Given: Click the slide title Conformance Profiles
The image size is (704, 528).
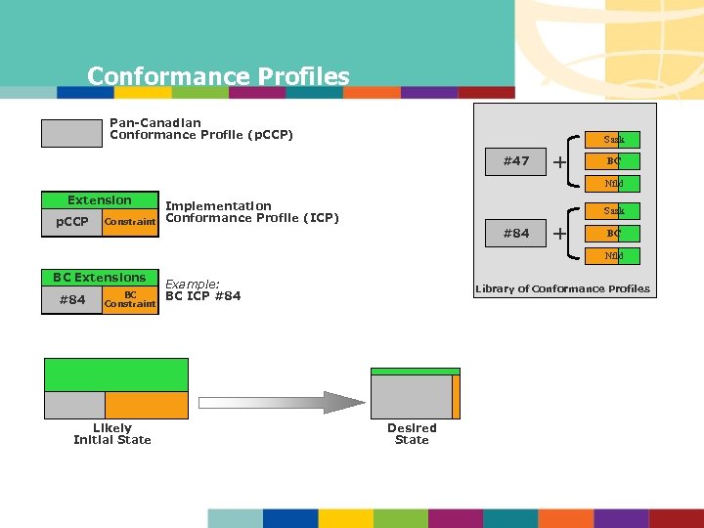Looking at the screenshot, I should coord(217,76).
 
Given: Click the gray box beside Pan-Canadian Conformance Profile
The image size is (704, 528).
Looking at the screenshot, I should coord(71,133).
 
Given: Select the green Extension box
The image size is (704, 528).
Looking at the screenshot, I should coord(99,200).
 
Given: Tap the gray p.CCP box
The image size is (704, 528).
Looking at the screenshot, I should coord(71,222).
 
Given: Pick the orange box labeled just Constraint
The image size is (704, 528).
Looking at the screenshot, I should coord(130,222).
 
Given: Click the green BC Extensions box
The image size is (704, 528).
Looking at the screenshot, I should coord(99,278).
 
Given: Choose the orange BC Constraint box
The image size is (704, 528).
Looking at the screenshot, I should coord(130,299).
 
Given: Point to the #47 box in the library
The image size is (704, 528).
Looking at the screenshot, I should coord(515,161).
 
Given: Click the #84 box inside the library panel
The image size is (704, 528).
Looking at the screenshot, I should coord(515,233).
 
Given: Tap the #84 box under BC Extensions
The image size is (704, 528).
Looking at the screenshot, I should coord(71,299).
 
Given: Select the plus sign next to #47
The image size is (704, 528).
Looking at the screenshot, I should coord(559,161).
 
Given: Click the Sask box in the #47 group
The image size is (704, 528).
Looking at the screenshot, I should coord(613,140).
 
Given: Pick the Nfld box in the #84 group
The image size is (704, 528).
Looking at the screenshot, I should coord(613,255).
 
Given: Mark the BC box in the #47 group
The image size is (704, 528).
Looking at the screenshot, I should coord(613,161).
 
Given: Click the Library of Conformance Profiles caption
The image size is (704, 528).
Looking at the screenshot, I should coord(561,288).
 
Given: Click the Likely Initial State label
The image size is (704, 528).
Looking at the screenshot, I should coord(112,433).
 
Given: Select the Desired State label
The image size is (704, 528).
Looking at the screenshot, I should coord(412,433).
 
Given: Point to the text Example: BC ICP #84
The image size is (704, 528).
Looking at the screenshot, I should coord(202,289).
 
